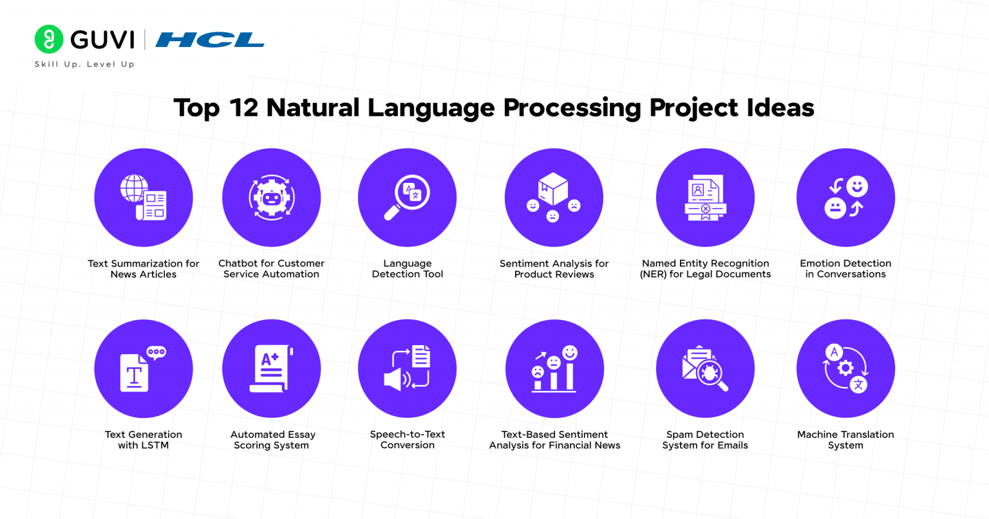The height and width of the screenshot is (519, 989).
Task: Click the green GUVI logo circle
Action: tap(49, 39)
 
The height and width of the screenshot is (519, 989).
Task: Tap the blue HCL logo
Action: tap(210, 40)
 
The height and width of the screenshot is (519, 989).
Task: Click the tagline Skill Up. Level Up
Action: tap(84, 64)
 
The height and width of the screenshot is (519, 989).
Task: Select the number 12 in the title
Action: tap(243, 108)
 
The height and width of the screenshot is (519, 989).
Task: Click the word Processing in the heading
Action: tap(572, 108)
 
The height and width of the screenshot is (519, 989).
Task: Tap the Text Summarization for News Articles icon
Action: tap(144, 198)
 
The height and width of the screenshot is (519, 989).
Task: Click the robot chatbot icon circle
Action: tap(271, 198)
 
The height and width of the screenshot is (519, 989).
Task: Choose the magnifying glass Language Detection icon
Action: tap(407, 198)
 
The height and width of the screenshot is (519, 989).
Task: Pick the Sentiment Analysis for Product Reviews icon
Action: tap(554, 198)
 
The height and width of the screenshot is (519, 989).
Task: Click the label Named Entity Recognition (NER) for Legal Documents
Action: tap(705, 269)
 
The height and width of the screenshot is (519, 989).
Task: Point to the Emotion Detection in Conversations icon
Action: tap(845, 198)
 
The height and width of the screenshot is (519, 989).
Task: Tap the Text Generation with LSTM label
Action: tap(144, 440)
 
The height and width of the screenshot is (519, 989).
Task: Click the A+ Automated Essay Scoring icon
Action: tap(271, 369)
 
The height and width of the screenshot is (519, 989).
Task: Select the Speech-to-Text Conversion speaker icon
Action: tap(407, 369)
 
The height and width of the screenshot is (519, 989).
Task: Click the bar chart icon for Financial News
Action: tap(554, 369)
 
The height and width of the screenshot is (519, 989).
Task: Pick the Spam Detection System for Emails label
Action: tap(705, 440)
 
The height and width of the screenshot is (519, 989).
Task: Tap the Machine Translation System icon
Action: tap(845, 369)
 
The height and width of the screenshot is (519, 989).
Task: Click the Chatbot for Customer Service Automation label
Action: tap(271, 269)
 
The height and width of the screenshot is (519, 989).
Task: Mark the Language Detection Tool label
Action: tap(407, 269)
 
